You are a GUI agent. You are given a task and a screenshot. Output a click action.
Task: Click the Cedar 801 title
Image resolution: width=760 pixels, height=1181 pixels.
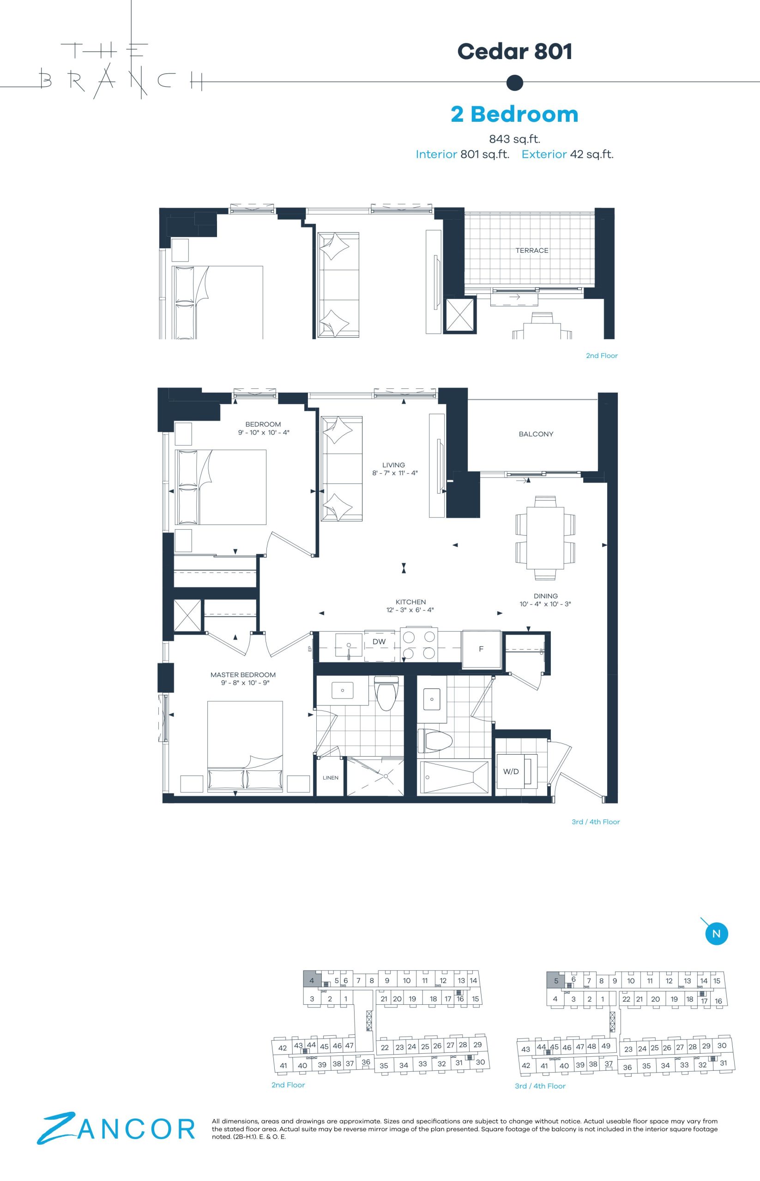(x=515, y=51)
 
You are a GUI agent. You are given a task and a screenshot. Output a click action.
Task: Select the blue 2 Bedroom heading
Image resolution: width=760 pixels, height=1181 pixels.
(x=515, y=114)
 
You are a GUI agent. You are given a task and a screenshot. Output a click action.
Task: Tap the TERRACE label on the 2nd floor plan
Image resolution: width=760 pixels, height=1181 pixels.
(x=532, y=251)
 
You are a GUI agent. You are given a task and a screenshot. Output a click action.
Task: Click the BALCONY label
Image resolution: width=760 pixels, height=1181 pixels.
(x=536, y=434)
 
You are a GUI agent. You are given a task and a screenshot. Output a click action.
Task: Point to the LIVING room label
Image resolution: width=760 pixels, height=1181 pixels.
(x=393, y=465)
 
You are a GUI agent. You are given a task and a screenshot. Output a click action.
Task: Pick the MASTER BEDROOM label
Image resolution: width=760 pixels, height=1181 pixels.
(x=243, y=674)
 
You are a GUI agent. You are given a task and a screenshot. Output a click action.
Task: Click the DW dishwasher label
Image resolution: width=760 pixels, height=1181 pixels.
(x=379, y=642)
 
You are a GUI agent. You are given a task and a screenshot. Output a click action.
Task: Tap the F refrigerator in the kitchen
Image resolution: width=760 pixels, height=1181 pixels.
(x=481, y=649)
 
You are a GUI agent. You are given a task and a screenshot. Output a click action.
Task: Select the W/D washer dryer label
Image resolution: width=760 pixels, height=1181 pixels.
(x=511, y=772)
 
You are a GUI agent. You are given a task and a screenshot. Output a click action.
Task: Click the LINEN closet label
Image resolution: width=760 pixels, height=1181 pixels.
(x=331, y=778)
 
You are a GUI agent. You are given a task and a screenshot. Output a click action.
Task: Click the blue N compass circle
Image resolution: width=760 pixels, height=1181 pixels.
(x=717, y=933)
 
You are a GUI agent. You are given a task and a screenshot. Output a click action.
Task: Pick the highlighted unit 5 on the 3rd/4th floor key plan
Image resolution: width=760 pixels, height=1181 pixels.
(x=556, y=981)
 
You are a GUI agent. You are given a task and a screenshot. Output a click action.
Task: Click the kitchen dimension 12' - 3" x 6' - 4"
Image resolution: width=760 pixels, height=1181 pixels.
(x=410, y=610)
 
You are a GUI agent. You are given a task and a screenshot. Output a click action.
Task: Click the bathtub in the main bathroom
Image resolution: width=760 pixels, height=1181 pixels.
(x=453, y=777)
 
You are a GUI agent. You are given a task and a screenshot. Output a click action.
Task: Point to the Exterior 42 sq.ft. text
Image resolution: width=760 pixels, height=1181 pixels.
(x=567, y=155)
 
